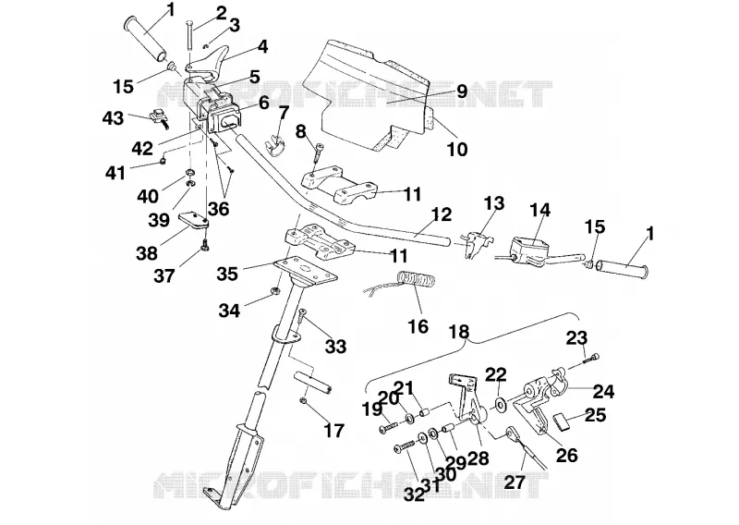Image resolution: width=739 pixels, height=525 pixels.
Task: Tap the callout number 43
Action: tap(113, 118)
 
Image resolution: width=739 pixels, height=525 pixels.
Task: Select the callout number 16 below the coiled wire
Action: tap(418, 326)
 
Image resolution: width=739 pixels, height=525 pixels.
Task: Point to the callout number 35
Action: tap(227, 274)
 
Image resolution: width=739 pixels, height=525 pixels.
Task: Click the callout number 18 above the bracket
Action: tap(459, 332)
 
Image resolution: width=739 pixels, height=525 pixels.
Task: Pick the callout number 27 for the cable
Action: tap(515, 482)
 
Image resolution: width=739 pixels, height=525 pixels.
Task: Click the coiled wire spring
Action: tap(417, 278)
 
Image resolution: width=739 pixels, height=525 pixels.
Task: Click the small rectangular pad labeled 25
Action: tap(561, 421)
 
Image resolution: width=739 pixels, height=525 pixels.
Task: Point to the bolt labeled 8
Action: tap(318, 154)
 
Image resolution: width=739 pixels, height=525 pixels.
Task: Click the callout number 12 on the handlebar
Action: tap(442, 214)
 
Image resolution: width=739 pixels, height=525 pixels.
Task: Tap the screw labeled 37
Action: tap(205, 245)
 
